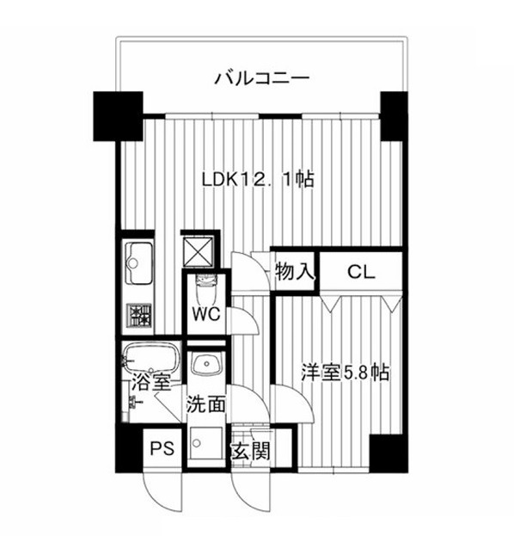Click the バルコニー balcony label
[262, 78]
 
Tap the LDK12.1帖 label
[258, 179]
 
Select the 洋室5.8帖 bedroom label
[345, 373]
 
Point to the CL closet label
[361, 272]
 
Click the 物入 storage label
[295, 272]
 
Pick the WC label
[206, 313]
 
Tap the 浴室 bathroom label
[151, 382]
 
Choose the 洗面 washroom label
[205, 404]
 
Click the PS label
[162, 447]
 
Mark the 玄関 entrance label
[251, 451]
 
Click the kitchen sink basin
[139, 263]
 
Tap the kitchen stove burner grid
[139, 315]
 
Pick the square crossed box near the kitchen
[199, 251]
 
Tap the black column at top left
[118, 116]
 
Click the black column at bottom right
[389, 453]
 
